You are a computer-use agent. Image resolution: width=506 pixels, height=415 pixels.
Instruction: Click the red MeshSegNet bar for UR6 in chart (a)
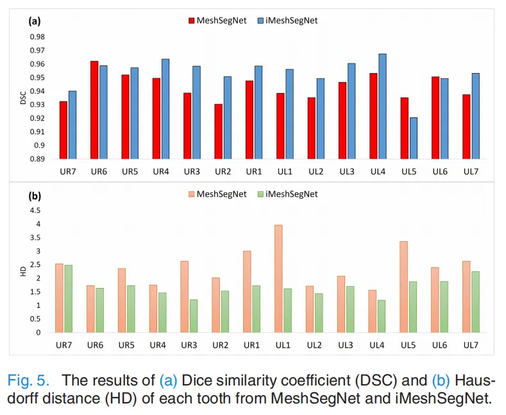(x=94, y=110)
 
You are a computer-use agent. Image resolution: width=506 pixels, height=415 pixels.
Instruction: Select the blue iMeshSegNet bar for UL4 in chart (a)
(x=382, y=106)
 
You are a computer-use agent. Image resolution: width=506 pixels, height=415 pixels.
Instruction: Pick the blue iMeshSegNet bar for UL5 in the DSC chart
(x=414, y=138)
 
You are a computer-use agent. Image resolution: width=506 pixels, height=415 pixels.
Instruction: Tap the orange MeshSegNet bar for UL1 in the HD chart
(x=278, y=278)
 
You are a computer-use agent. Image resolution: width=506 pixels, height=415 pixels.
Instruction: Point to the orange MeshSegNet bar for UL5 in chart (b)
(x=404, y=287)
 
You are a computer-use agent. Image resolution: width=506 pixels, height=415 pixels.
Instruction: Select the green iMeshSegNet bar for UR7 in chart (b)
(x=69, y=298)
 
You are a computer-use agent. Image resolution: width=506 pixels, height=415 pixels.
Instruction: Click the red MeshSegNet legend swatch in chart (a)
(x=191, y=21)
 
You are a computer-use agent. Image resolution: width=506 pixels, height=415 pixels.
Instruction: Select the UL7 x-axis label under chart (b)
(x=471, y=345)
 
